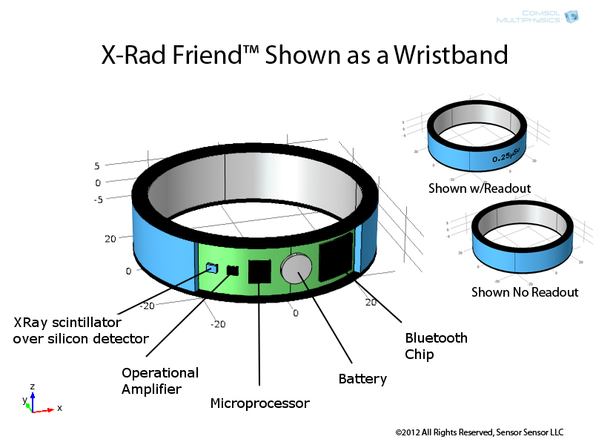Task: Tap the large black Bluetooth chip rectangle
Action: click(336, 257)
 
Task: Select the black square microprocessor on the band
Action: click(259, 271)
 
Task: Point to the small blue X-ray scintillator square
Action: click(211, 268)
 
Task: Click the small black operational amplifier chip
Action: click(233, 270)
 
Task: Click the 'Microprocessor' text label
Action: click(259, 403)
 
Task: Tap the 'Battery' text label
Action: click(362, 379)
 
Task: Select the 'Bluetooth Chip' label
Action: click(436, 346)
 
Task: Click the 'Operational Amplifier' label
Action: click(160, 380)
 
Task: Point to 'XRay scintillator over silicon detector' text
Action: click(81, 331)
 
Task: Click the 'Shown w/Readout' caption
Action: click(480, 188)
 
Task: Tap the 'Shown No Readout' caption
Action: click(525, 292)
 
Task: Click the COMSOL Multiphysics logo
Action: click(548, 16)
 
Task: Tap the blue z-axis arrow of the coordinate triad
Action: click(33, 395)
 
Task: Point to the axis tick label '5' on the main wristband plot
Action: click(96, 165)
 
